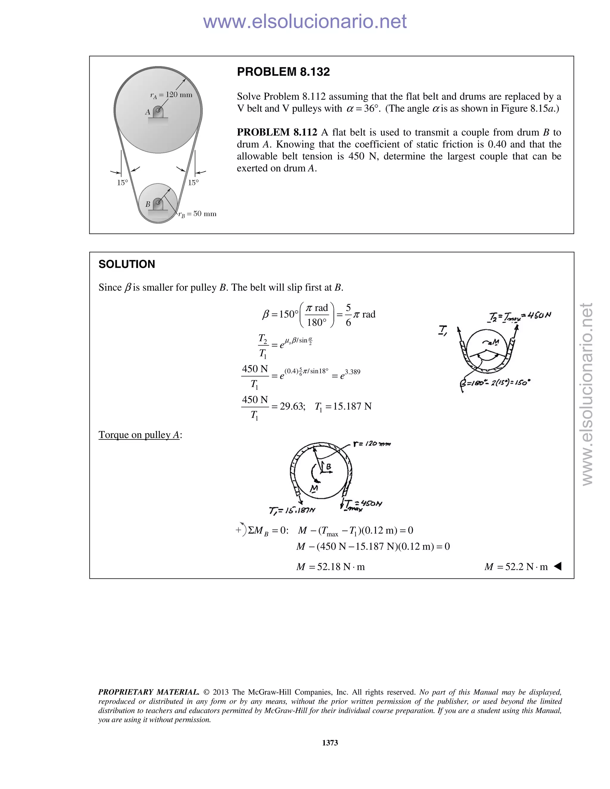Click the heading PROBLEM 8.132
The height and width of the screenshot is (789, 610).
point(283,72)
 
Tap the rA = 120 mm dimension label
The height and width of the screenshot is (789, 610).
point(171,95)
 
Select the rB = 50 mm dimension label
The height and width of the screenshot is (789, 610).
point(197,214)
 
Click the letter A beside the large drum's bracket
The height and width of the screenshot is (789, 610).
point(147,112)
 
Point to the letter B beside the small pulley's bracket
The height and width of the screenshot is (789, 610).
point(147,205)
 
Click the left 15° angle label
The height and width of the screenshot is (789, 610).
point(122,183)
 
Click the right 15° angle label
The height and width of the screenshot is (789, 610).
point(193,183)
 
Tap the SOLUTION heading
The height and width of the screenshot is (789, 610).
point(127,264)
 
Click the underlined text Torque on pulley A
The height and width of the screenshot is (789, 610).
point(139,435)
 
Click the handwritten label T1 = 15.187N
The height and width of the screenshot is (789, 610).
point(292,510)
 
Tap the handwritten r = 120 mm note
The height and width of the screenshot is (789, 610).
point(372,444)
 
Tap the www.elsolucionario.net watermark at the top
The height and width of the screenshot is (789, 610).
point(305,21)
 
